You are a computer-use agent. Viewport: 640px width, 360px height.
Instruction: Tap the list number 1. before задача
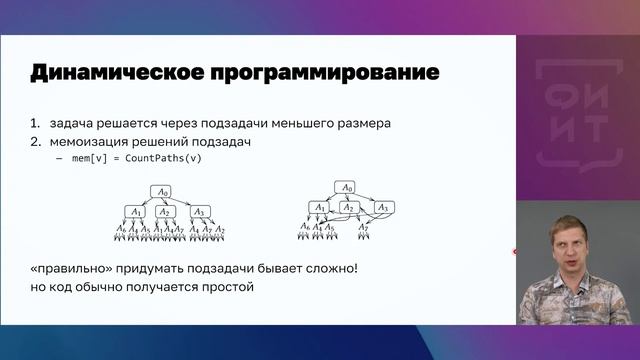pyautogui.click(x=35, y=123)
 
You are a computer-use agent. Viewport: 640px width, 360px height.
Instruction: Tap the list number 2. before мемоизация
pyautogui.click(x=35, y=141)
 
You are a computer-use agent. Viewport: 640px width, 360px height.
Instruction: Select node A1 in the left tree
pyautogui.click(x=135, y=211)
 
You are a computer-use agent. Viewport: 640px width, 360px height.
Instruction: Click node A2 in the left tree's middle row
pyautogui.click(x=166, y=211)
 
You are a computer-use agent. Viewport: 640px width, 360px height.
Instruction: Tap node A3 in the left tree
pyautogui.click(x=198, y=211)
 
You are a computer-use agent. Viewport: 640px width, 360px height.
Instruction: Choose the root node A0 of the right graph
pyautogui.click(x=347, y=187)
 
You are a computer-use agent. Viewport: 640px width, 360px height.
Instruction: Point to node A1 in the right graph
pyautogui.click(x=319, y=207)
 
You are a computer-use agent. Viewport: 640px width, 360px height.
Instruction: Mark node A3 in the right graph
pyautogui.click(x=381, y=207)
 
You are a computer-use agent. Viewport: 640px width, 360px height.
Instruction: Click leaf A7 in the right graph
pyautogui.click(x=365, y=228)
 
